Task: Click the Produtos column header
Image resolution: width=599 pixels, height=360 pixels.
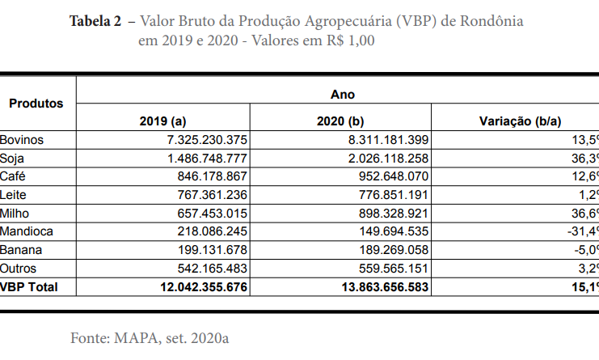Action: click(36, 104)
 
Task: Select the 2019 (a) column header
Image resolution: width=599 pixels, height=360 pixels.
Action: click(162, 121)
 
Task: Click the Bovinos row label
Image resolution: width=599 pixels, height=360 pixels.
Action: click(22, 140)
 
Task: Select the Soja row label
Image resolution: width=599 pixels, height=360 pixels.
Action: click(13, 158)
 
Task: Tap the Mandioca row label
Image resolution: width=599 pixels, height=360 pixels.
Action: click(26, 231)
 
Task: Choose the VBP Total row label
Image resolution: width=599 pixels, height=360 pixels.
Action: click(29, 286)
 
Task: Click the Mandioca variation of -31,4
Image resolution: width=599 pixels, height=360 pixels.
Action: click(581, 231)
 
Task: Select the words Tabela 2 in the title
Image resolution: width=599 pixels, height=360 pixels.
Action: click(96, 21)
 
